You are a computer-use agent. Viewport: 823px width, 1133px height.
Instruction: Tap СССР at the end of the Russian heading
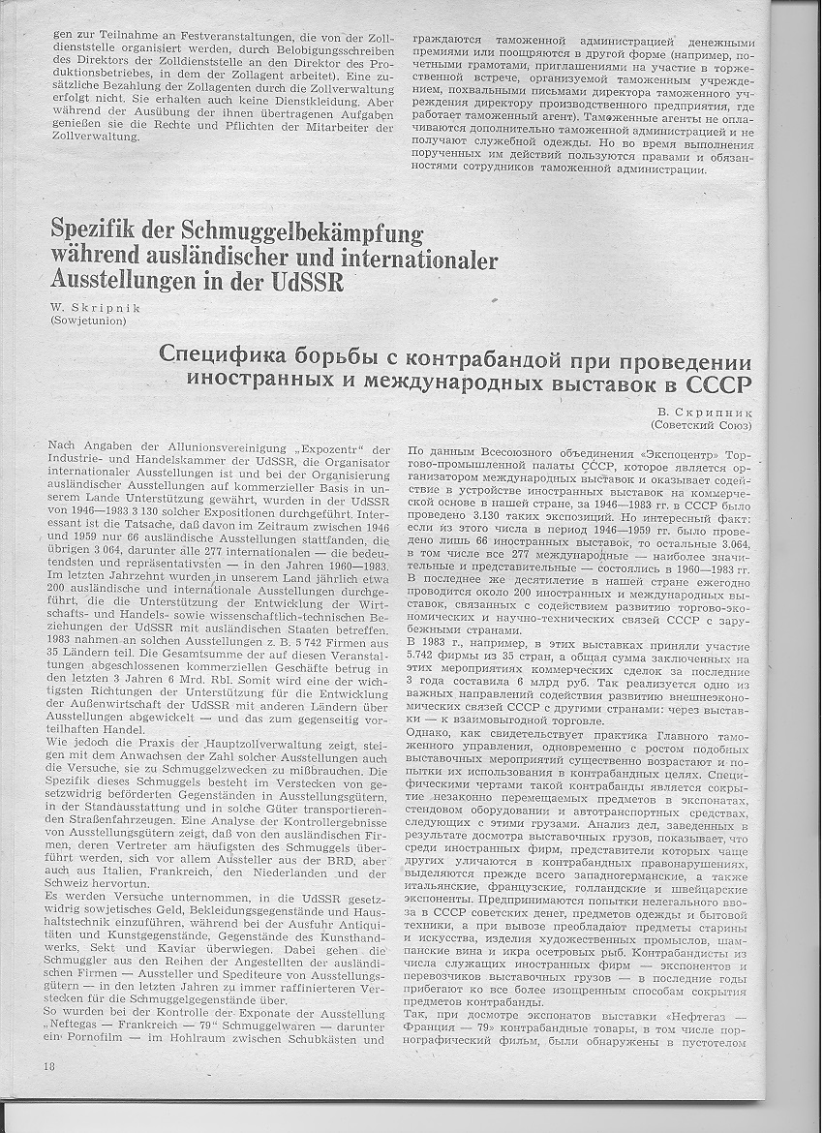[x=713, y=386]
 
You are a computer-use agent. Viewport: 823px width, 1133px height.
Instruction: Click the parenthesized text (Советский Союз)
[x=703, y=425]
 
